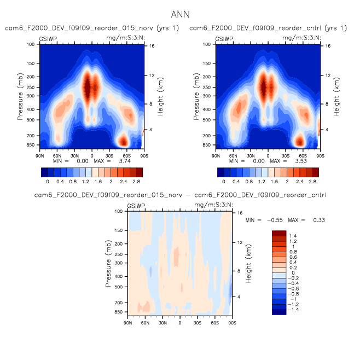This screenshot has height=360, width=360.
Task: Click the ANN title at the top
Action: tap(180, 14)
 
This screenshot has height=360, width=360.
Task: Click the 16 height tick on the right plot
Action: tap(328, 46)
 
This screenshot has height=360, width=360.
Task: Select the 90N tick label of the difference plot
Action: tap(127, 323)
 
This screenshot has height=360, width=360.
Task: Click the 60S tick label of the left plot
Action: tap(126, 156)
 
